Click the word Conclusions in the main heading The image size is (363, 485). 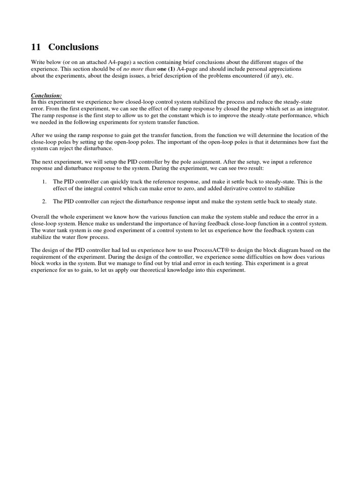[x=73, y=47]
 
